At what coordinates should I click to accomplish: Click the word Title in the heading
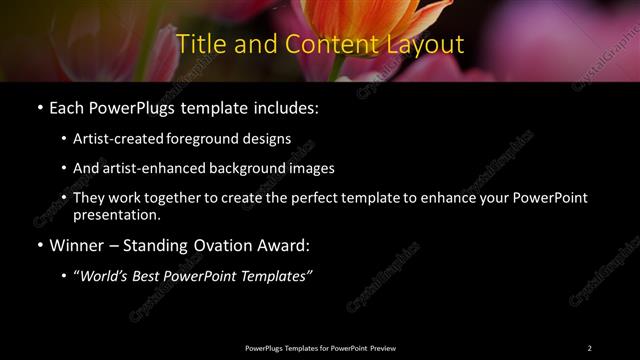pyautogui.click(x=198, y=45)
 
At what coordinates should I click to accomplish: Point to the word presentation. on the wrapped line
pyautogui.click(x=116, y=215)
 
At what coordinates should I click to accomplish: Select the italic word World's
pyautogui.click(x=105, y=277)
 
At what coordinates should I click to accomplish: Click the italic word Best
pyautogui.click(x=149, y=277)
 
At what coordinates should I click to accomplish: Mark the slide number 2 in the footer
pyautogui.click(x=590, y=347)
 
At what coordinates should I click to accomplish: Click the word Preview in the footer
pyautogui.click(x=382, y=347)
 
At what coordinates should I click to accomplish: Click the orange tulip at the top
pyautogui.click(x=360, y=20)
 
